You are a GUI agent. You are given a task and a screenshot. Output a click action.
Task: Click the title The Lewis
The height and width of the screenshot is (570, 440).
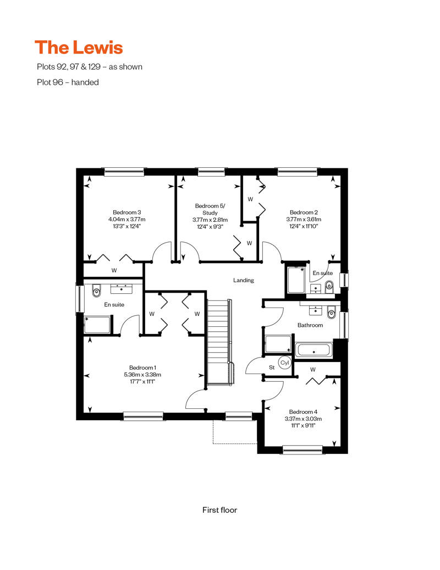[79, 48]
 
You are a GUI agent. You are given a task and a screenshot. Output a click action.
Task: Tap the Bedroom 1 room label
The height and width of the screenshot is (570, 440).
[142, 368]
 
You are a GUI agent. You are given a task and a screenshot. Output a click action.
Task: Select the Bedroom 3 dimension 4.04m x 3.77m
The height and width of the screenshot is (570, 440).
[127, 219]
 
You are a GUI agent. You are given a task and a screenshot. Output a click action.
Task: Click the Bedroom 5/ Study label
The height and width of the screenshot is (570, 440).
[210, 210]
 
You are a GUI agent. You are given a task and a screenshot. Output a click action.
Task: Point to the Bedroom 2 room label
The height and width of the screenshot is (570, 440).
[304, 212]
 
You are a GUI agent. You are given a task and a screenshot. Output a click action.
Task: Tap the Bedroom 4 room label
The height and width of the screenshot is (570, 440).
[303, 412]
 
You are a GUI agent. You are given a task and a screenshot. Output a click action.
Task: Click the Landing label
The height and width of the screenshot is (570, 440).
[244, 280]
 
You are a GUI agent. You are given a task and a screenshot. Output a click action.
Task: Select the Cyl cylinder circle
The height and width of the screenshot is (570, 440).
[284, 363]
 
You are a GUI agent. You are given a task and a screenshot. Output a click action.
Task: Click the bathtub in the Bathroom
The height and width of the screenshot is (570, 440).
[313, 350]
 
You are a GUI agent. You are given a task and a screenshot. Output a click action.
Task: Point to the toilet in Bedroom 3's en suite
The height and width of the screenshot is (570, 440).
[96, 291]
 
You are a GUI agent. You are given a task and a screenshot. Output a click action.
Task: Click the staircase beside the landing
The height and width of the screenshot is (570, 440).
[219, 342]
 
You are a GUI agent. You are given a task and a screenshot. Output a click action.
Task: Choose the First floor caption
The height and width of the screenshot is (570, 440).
[219, 510]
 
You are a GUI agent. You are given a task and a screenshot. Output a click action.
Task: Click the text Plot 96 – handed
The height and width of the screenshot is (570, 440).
[68, 82]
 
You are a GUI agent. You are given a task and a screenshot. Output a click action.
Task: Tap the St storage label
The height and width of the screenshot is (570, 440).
[272, 368]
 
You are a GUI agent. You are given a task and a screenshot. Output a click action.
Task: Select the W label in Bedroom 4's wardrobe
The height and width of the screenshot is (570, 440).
[313, 370]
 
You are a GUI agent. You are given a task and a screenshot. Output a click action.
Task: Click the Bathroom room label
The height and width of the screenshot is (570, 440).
[310, 325]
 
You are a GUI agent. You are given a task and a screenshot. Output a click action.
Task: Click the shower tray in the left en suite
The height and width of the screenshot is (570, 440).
[97, 325]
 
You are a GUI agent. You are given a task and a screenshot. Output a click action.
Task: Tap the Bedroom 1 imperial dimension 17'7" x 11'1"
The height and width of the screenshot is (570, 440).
[142, 382]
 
